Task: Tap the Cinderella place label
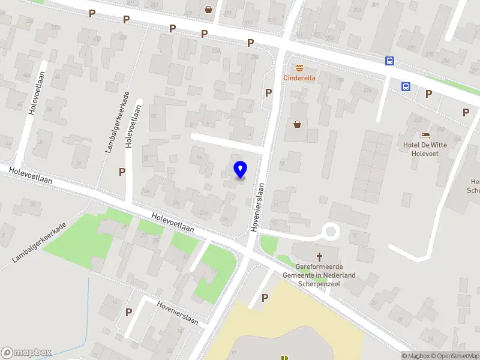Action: pos(299,78)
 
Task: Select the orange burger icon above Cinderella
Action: pos(299,68)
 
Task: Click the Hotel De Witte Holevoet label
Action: pos(425,148)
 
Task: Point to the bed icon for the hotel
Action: pos(425,135)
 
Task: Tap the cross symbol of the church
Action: pos(319,256)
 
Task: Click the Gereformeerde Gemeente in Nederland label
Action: pos(325,271)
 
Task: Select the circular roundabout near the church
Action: pos(331,231)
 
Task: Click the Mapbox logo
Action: pos(26,352)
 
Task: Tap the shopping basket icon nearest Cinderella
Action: pos(297,124)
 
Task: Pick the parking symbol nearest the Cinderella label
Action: pos(268,92)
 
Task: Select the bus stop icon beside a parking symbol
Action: pos(406,86)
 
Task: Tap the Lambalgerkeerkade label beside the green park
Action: pos(38,242)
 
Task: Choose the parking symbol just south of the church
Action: pos(265,297)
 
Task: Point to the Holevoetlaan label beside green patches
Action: pos(173,223)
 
